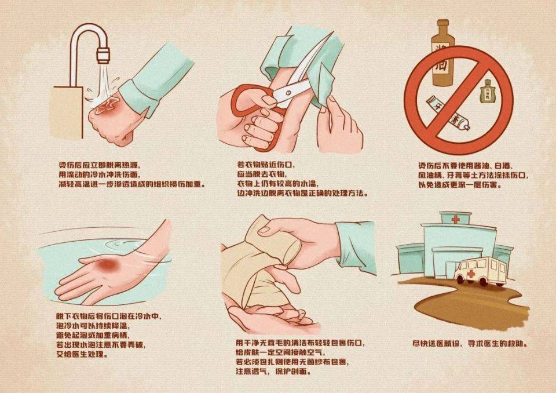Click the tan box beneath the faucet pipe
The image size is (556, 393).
point(69,107)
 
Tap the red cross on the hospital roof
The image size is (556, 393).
point(455,220)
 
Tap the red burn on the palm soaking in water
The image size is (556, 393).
point(108,265)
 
